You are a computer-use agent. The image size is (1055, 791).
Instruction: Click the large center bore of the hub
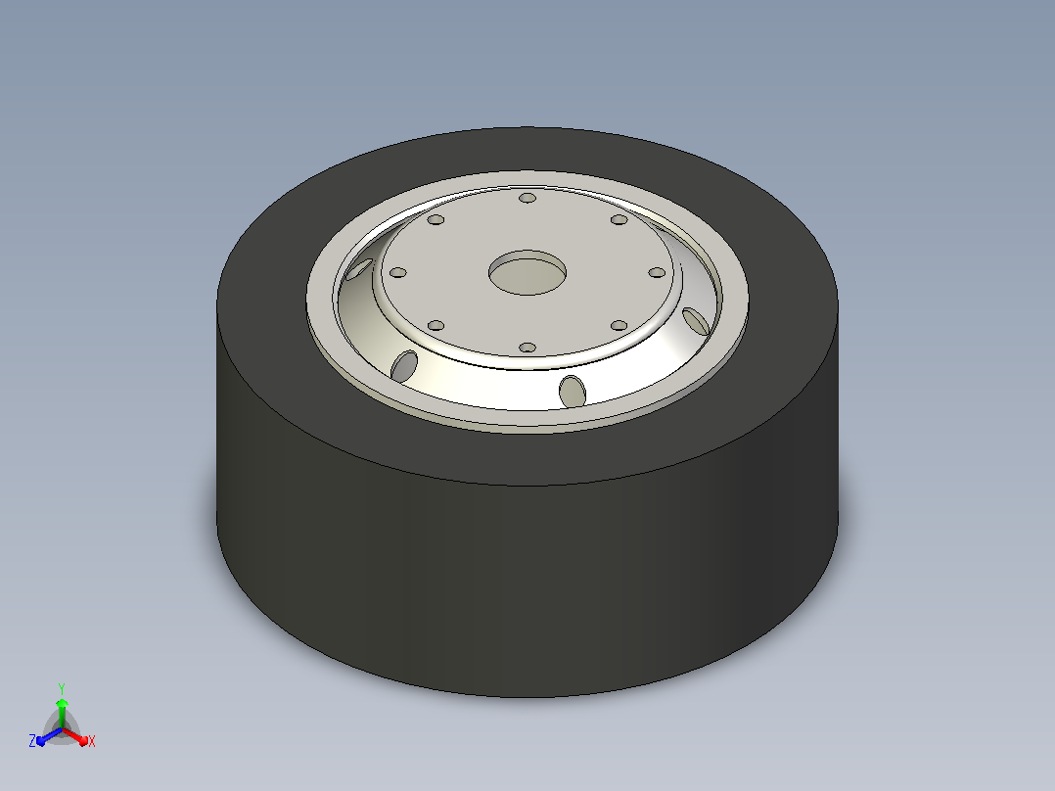[527, 273]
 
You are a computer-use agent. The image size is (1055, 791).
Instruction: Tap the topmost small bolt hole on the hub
[527, 198]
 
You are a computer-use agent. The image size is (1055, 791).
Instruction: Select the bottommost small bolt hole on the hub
[527, 348]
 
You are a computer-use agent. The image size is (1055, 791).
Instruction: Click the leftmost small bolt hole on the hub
[398, 273]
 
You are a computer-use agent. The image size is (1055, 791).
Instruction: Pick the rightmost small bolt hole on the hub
[657, 273]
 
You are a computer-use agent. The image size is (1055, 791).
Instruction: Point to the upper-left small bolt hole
[436, 219]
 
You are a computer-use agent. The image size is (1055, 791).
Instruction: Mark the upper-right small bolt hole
[619, 219]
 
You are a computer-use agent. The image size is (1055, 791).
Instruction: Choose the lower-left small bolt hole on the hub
[436, 326]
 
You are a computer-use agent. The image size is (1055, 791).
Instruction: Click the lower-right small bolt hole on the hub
[619, 326]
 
